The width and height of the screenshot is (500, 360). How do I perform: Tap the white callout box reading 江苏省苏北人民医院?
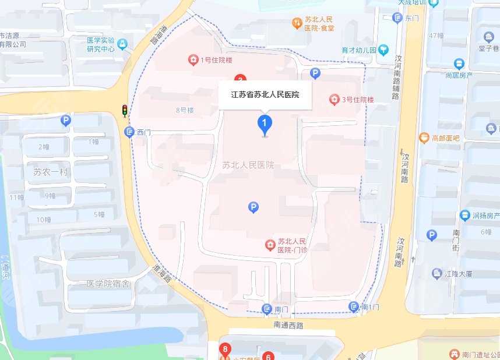tap(265, 94)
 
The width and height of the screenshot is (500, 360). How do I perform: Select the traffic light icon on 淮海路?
tap(125, 111)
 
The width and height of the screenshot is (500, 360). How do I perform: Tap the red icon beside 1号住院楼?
tap(192, 59)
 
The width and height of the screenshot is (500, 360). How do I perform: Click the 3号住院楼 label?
tap(357, 100)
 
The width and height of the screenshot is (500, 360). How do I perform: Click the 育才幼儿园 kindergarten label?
tap(358, 51)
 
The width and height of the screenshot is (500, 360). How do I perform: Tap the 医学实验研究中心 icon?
tap(122, 44)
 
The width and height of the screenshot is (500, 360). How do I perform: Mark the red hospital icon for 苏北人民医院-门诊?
tap(270, 245)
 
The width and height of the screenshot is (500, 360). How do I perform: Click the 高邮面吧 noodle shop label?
tap(446, 138)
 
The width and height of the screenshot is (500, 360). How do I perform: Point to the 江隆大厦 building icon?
tap(436, 273)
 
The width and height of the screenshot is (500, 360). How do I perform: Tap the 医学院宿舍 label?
tap(107, 284)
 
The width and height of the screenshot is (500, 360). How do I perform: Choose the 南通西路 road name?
tap(288, 326)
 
